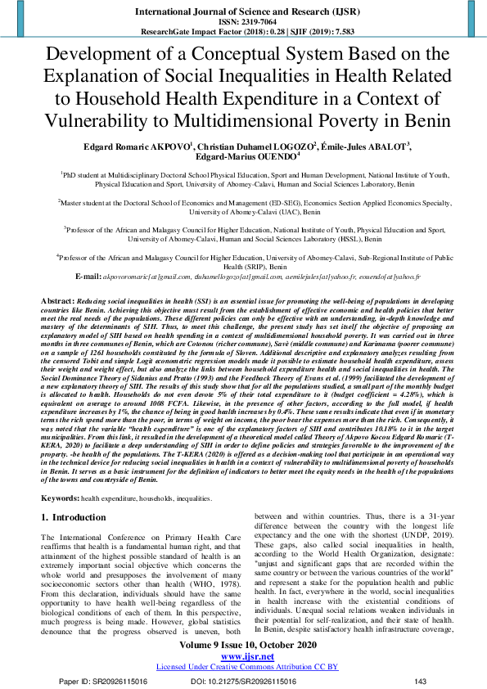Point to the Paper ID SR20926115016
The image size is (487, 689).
click(x=102, y=682)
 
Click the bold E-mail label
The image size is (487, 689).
click(x=87, y=277)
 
